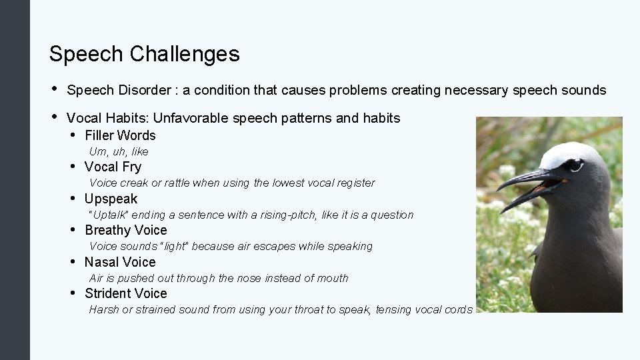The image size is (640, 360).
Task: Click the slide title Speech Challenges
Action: tap(144, 54)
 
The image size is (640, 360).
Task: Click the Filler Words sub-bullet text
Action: tap(120, 136)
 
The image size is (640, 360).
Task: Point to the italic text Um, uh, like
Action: tap(119, 152)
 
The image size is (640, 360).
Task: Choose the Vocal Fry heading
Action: tap(113, 167)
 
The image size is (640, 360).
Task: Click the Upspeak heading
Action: tap(111, 199)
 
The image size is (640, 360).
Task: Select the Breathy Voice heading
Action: tap(125, 231)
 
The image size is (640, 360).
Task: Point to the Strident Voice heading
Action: tap(125, 294)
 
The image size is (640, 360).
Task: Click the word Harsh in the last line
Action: tap(103, 310)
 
